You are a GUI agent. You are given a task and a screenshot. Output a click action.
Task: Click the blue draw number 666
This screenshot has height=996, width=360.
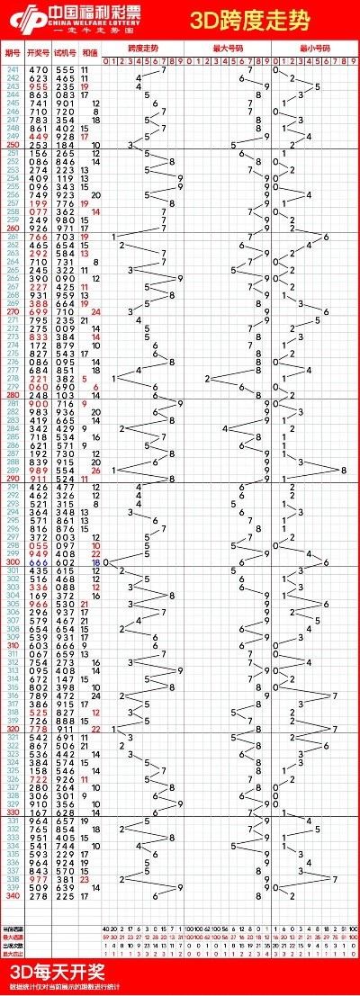click(38, 562)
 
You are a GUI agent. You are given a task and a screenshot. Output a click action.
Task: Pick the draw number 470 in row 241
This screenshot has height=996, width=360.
click(38, 69)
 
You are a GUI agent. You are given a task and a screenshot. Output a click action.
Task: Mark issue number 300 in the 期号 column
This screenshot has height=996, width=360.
click(13, 562)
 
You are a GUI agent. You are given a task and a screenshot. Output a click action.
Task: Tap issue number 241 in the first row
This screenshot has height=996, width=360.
click(13, 69)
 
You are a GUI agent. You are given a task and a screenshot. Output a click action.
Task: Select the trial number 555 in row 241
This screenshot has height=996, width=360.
click(66, 69)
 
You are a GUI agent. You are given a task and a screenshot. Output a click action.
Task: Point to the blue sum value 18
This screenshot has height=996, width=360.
click(95, 562)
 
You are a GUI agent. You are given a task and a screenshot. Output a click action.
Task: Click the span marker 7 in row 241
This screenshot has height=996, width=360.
click(163, 69)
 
